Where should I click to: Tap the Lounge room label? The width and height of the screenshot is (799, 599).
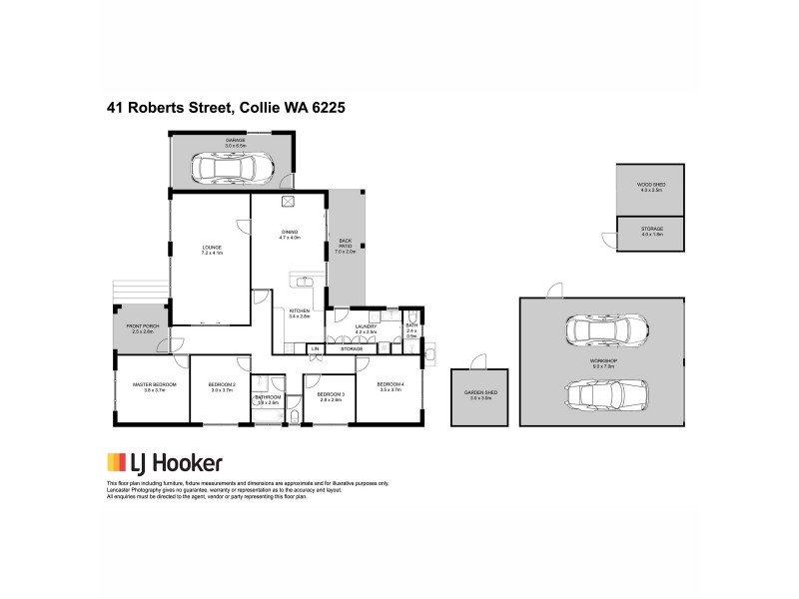click(x=211, y=248)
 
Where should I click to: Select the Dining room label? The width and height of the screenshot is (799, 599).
click(x=290, y=233)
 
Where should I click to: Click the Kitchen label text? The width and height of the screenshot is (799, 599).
click(x=301, y=312)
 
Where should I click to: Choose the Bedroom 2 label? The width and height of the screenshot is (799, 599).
click(x=221, y=384)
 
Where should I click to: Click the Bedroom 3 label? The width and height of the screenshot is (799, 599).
click(x=330, y=394)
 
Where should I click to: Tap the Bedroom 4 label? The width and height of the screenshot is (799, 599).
click(x=390, y=384)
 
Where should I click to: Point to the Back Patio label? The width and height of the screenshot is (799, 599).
click(x=346, y=242)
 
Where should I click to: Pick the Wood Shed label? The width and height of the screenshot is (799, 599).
click(x=650, y=185)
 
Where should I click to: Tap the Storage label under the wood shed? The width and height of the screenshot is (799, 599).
click(x=651, y=229)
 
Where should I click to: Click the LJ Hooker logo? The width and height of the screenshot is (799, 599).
click(x=165, y=463)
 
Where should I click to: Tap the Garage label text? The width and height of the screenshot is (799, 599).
click(x=235, y=141)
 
